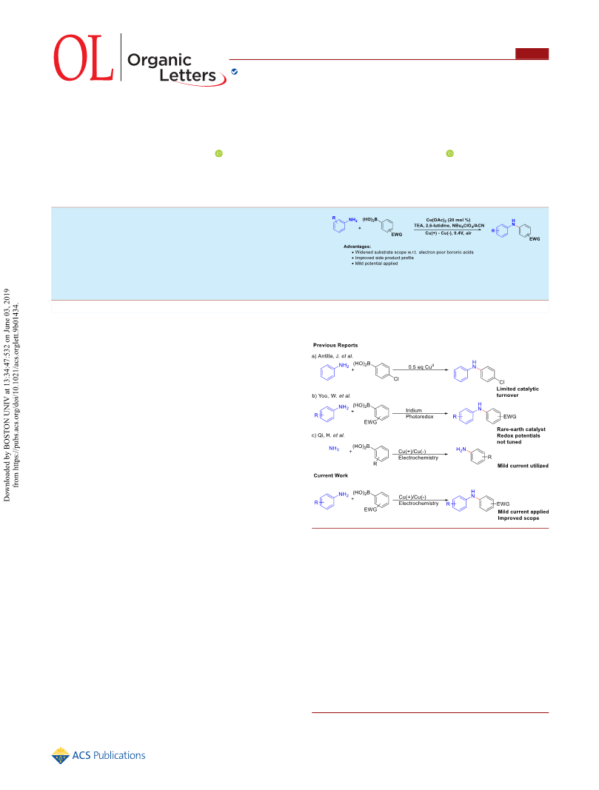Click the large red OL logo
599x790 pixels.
[x=83, y=58]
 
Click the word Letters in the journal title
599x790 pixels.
[x=187, y=76]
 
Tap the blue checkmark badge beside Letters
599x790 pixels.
[x=234, y=72]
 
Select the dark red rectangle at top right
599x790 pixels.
[x=532, y=53]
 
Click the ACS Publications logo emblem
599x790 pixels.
[x=61, y=755]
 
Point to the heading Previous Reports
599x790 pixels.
[x=335, y=345]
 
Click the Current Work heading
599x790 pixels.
[x=330, y=475]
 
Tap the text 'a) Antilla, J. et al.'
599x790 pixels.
[x=332, y=355]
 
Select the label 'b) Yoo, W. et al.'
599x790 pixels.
[x=331, y=395]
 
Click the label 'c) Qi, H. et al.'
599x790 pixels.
[x=328, y=435]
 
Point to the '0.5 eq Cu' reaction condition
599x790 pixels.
[x=421, y=366]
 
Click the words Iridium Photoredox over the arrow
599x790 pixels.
[x=419, y=414]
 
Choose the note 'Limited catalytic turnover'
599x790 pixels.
[x=518, y=392]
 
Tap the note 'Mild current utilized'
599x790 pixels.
[x=523, y=466]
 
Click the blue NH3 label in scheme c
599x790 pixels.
[x=334, y=449]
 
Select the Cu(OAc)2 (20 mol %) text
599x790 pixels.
[x=448, y=220]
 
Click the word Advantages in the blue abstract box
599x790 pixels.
[x=357, y=247]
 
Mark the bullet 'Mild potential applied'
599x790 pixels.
[x=375, y=264]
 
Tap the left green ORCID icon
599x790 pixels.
[x=218, y=153]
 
